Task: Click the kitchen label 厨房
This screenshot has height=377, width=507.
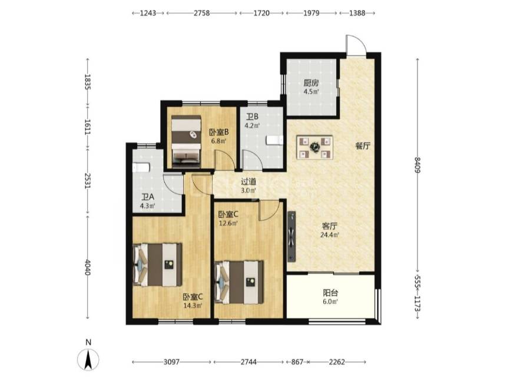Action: click(311, 83)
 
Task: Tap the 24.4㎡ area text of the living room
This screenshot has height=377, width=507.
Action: click(330, 235)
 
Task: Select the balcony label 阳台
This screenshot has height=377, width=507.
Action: click(330, 293)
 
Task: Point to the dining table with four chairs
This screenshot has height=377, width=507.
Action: click(314, 147)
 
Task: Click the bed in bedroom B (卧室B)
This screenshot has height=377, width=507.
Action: click(186, 141)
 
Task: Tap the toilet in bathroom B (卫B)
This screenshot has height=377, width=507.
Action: click(274, 140)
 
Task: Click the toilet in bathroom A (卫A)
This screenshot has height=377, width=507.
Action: click(141, 167)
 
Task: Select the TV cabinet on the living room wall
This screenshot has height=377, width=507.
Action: click(291, 236)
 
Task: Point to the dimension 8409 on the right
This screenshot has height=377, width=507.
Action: click(417, 165)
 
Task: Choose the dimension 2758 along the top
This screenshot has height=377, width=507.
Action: click(201, 13)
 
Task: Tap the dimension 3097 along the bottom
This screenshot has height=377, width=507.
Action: click(171, 362)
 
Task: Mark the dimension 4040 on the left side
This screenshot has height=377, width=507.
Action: click(87, 267)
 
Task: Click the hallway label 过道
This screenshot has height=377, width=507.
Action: click(248, 181)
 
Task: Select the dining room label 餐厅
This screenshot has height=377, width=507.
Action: click(363, 146)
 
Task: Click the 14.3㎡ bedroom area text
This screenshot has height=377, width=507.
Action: click(193, 305)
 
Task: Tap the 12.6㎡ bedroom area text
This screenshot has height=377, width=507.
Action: click(228, 223)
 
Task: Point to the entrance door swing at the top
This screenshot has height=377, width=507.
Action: click(356, 44)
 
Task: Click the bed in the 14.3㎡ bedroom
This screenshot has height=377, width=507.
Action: click(157, 265)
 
